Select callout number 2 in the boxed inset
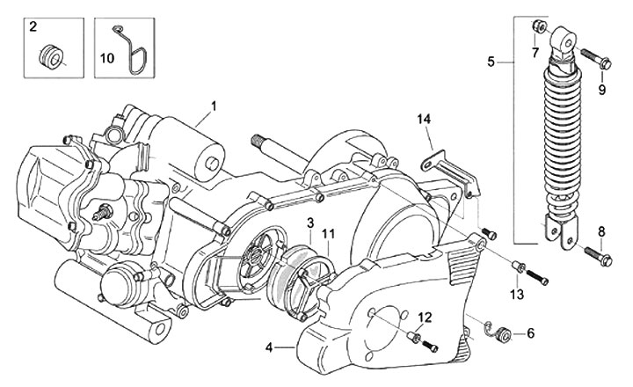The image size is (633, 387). [33, 27]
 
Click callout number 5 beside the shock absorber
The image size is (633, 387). [492, 62]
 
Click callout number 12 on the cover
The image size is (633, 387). [424, 317]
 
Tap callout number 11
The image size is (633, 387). [329, 233]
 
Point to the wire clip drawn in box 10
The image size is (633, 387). [125, 51]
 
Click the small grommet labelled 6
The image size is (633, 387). [504, 333]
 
